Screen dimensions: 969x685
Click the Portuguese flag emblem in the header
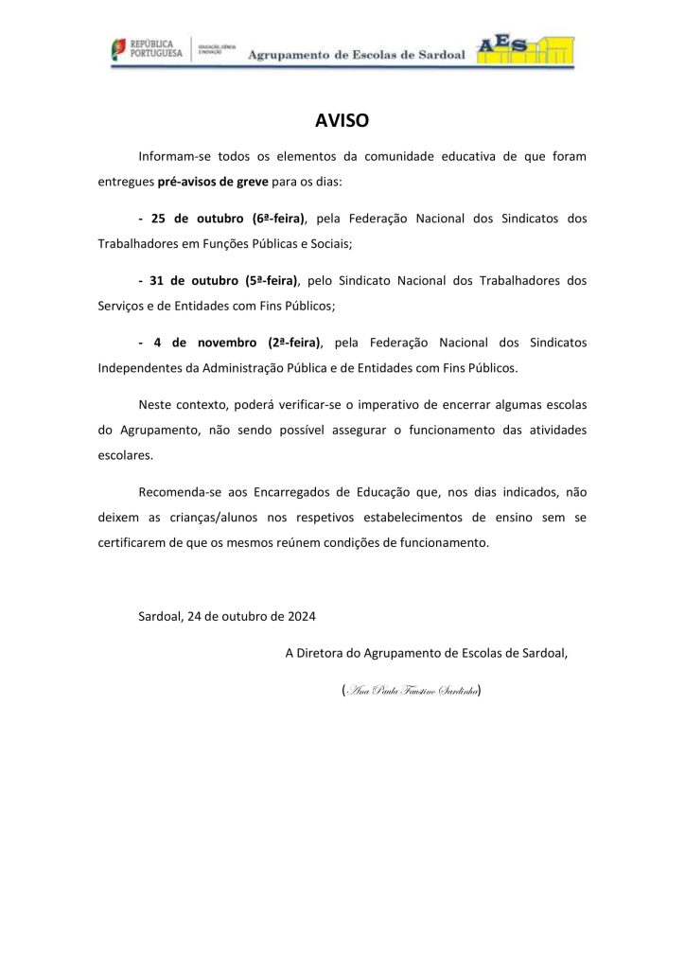(x=115, y=49)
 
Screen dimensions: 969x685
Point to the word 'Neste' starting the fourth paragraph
(x=156, y=405)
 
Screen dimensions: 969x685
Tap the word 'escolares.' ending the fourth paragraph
(x=125, y=454)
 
